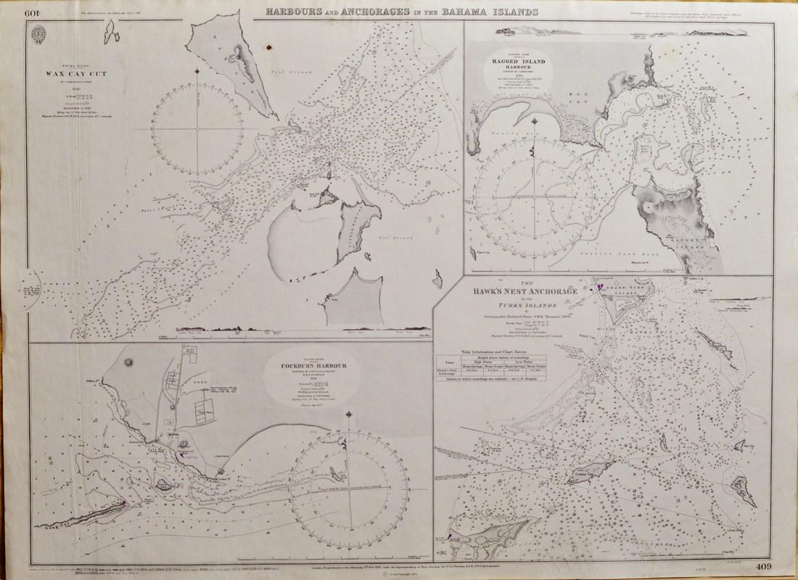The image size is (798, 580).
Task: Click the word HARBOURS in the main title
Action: [289, 12]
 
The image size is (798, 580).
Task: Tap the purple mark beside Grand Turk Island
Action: [599, 288]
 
